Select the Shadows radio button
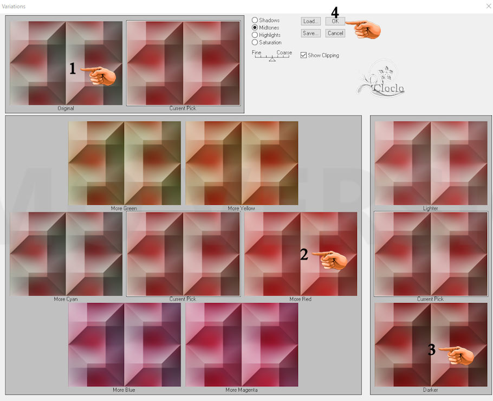pyautogui.click(x=255, y=20)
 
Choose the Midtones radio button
pyautogui.click(x=255, y=28)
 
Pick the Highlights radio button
pyautogui.click(x=255, y=35)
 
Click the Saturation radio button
pyautogui.click(x=255, y=42)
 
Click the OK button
pyautogui.click(x=335, y=21)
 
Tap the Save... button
pyautogui.click(x=310, y=33)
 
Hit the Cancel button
pyautogui.click(x=335, y=33)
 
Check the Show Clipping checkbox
pyautogui.click(x=303, y=55)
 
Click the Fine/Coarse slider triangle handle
pyautogui.click(x=273, y=59)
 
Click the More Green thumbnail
pyautogui.click(x=125, y=163)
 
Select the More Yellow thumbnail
pyautogui.click(x=242, y=163)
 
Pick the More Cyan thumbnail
pyautogui.click(x=66, y=254)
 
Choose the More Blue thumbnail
pyautogui.click(x=125, y=345)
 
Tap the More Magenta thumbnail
pyautogui.click(x=242, y=345)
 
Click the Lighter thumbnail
pyautogui.click(x=431, y=163)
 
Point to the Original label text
pyautogui.click(x=66, y=108)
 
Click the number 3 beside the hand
pyautogui.click(x=432, y=350)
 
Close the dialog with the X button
pyautogui.click(x=489, y=7)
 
